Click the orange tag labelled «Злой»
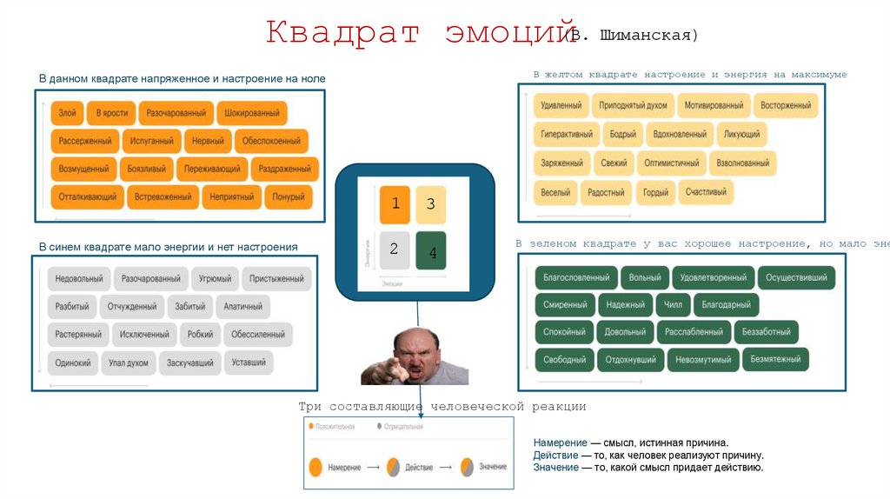tap(67, 113)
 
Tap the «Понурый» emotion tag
tap(289, 197)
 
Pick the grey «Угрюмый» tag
tap(215, 279)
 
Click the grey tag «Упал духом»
tap(129, 363)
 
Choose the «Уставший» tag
tap(249, 363)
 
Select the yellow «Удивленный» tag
tap(561, 105)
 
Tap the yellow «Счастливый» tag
tap(706, 192)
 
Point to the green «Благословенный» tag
tap(576, 278)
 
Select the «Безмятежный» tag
tap(775, 359)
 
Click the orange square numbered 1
tap(395, 204)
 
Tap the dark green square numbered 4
tap(431, 251)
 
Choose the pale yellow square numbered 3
tap(431, 204)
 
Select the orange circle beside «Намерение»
tap(315, 468)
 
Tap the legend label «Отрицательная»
tap(403, 427)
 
